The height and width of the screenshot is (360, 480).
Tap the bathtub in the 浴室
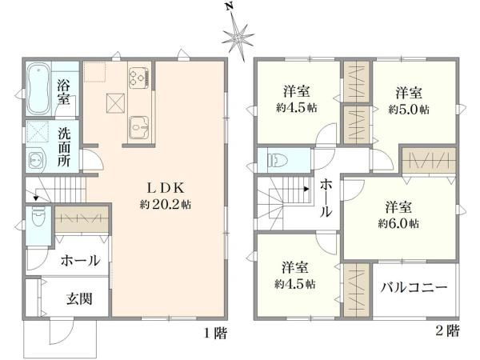(x=38, y=89)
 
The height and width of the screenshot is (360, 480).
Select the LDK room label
(x=166, y=188)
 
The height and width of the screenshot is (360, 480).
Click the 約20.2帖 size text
(x=166, y=204)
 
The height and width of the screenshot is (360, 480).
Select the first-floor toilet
(x=38, y=217)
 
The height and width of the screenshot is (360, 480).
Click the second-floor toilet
(x=278, y=160)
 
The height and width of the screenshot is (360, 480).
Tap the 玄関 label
(x=79, y=298)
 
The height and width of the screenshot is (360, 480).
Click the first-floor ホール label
(x=80, y=261)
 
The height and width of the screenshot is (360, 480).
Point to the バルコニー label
(x=414, y=287)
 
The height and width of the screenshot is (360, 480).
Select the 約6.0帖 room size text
(x=398, y=224)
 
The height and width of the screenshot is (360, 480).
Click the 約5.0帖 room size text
(x=409, y=110)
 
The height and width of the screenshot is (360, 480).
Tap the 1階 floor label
(x=216, y=333)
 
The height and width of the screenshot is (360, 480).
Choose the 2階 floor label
(x=447, y=330)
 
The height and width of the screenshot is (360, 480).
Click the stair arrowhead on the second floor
(x=306, y=189)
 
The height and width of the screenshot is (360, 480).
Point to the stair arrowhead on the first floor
(x=36, y=198)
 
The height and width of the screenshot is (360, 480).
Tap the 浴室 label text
(x=63, y=92)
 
